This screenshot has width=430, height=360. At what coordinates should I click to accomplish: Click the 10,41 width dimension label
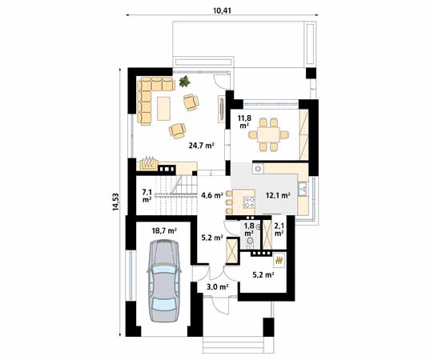click(222, 10)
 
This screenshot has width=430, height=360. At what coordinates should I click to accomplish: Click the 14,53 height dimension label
click(116, 202)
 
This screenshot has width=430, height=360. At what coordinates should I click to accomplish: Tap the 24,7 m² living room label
click(201, 146)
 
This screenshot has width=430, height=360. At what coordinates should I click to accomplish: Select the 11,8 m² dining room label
click(244, 122)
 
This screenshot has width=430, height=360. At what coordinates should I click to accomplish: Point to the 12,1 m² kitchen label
click(278, 195)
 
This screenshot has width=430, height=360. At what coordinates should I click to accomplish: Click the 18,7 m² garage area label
click(164, 231)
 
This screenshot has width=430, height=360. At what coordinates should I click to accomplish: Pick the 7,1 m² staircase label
click(147, 196)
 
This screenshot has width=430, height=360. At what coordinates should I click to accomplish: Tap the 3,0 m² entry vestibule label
click(218, 287)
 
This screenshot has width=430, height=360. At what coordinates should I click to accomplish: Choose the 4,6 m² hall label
click(211, 195)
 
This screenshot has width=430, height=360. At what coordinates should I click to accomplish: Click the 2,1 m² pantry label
click(279, 230)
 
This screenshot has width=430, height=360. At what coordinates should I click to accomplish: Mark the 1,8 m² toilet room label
click(249, 230)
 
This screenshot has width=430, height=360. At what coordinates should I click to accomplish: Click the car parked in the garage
click(163, 281)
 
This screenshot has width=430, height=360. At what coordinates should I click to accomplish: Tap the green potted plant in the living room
click(185, 81)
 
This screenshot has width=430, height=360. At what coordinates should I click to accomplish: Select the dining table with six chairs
click(269, 134)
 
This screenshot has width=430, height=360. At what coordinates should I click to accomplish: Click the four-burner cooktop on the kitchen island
click(250, 202)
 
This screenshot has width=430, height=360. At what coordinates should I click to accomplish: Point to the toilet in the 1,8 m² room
click(250, 242)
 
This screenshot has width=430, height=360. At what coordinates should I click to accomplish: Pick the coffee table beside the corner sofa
click(163, 109)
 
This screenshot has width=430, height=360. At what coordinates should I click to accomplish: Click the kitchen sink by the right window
click(303, 190)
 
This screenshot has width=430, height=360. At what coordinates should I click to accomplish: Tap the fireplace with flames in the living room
click(149, 164)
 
